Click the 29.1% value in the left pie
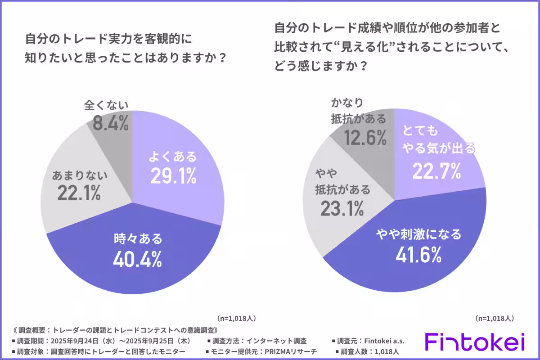[173, 176]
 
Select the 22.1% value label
[79, 193]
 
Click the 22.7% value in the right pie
[437, 171]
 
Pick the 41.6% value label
[418, 254]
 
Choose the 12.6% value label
[365, 137]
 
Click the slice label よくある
[173, 157]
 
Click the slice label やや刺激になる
[418, 234]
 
